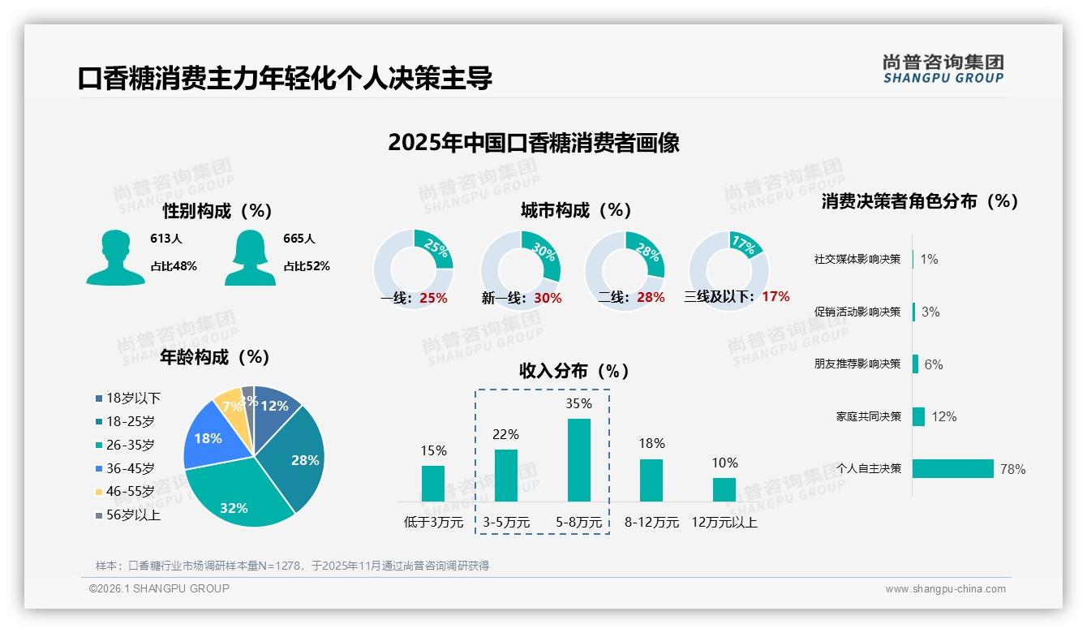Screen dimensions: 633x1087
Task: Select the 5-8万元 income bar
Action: (x=578, y=460)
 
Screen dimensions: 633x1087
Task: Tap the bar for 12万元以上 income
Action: (x=724, y=489)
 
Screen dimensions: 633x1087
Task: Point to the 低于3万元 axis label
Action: (x=432, y=523)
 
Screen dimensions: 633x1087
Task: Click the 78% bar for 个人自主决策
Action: (x=953, y=468)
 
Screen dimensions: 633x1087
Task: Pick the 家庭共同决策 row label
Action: (x=869, y=416)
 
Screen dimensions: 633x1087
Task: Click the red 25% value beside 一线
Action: (x=433, y=298)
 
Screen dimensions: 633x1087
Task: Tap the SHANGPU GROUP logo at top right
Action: (x=943, y=69)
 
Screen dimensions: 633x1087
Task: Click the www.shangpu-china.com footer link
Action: (x=945, y=589)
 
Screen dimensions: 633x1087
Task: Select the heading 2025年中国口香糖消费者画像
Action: (x=534, y=143)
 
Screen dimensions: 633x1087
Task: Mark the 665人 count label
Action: (x=299, y=239)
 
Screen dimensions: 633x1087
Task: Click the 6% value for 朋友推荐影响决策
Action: (x=933, y=364)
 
